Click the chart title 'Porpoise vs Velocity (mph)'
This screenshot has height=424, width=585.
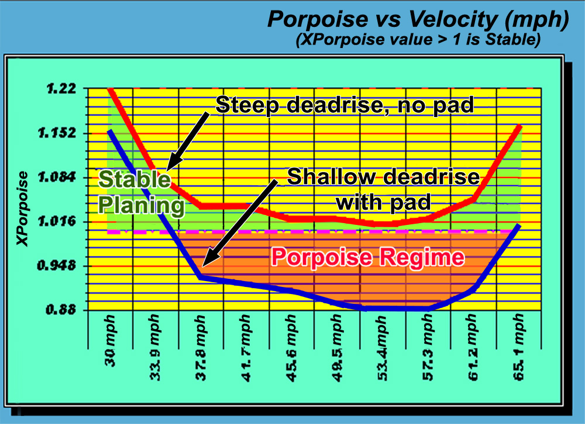(x=418, y=19)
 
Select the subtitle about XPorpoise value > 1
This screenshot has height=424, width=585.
(x=418, y=39)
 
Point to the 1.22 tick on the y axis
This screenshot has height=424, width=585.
(x=61, y=89)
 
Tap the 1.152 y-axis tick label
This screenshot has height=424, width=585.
(x=57, y=133)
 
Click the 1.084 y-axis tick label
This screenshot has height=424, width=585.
(x=57, y=177)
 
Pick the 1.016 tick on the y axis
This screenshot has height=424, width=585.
(x=57, y=221)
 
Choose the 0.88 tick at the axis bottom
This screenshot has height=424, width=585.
(x=61, y=310)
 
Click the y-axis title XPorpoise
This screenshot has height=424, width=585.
(x=22, y=208)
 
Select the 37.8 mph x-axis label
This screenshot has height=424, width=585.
(x=200, y=348)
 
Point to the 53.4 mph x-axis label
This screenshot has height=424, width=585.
(x=382, y=348)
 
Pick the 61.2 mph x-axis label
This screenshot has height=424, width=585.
(x=473, y=348)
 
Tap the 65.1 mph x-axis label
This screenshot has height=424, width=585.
(x=518, y=348)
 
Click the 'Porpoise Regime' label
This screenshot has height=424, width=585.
(x=368, y=258)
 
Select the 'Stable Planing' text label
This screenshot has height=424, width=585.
(x=141, y=192)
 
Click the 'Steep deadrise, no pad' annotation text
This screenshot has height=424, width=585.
(x=345, y=105)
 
